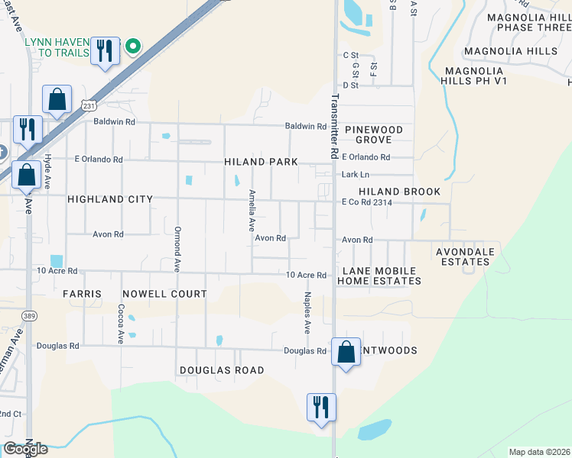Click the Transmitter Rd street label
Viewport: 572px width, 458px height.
point(334,126)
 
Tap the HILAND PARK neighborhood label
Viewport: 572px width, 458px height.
point(257,162)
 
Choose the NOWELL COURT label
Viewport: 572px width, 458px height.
point(164,294)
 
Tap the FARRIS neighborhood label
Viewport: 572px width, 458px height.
point(82,294)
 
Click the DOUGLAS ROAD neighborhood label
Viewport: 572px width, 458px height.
point(222,370)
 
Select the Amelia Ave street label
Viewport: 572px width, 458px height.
point(251,211)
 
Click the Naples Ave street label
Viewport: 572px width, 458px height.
point(307,313)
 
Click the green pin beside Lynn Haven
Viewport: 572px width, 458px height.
point(132,47)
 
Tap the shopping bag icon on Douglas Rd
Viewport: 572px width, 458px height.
point(346,353)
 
